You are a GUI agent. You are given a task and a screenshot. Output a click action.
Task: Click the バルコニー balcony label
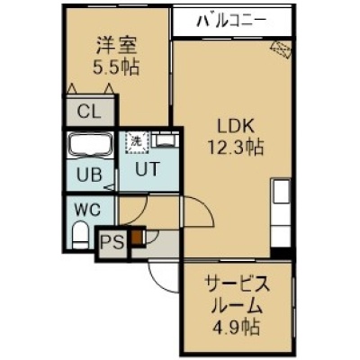[x=231, y=21]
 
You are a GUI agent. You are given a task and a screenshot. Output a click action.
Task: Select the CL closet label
[x=89, y=112]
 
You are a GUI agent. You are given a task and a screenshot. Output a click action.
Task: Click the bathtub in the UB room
[x=90, y=145]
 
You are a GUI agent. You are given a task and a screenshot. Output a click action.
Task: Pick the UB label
[x=89, y=175]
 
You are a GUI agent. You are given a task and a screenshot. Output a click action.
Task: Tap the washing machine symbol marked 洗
[x=137, y=142]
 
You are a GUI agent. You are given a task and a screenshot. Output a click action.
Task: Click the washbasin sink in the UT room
[x=165, y=139]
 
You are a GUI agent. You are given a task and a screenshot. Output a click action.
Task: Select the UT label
[x=146, y=169]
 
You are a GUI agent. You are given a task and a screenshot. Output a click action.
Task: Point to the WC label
[x=87, y=210]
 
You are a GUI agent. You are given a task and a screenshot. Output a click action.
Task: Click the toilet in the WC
[x=81, y=234]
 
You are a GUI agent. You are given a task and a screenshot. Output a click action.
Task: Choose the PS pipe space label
[x=112, y=242]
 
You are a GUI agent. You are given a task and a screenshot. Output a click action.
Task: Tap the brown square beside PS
[x=137, y=237]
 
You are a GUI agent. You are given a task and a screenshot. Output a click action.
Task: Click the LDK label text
[x=236, y=127]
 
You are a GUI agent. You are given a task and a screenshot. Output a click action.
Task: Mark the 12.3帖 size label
[x=236, y=148]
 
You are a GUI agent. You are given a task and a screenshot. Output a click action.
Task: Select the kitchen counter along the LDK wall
[x=281, y=213]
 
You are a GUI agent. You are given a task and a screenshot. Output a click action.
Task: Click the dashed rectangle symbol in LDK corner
[x=281, y=49]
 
